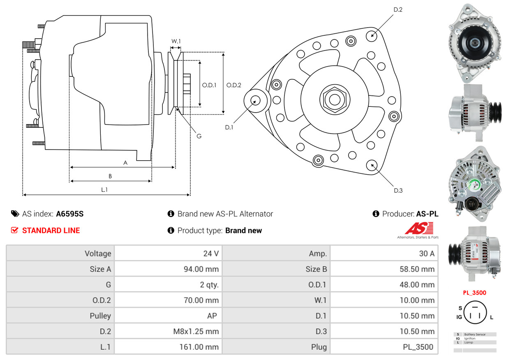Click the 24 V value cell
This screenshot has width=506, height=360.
click(210, 254)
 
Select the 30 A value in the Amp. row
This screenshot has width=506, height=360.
click(426, 254)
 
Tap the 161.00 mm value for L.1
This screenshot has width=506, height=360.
click(201, 347)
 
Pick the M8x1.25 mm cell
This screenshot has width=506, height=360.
click(195, 331)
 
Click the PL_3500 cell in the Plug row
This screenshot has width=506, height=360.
click(418, 347)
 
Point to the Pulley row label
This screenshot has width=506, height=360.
click(100, 316)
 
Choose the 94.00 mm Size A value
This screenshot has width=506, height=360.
click(201, 269)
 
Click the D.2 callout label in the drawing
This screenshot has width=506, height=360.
click(397, 9)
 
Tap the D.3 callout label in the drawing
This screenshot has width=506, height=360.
click(398, 190)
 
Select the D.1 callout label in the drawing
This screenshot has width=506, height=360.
click(229, 127)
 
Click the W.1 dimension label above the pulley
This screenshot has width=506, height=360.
click(176, 41)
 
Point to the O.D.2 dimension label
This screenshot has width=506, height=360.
click(234, 85)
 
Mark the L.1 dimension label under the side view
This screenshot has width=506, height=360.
click(104, 189)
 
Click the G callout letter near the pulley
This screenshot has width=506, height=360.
click(199, 136)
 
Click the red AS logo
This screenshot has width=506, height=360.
click(419, 228)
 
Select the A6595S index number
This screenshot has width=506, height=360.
click(69, 214)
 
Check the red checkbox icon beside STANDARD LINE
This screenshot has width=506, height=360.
click(14, 231)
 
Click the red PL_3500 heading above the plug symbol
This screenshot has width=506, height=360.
click(474, 293)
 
